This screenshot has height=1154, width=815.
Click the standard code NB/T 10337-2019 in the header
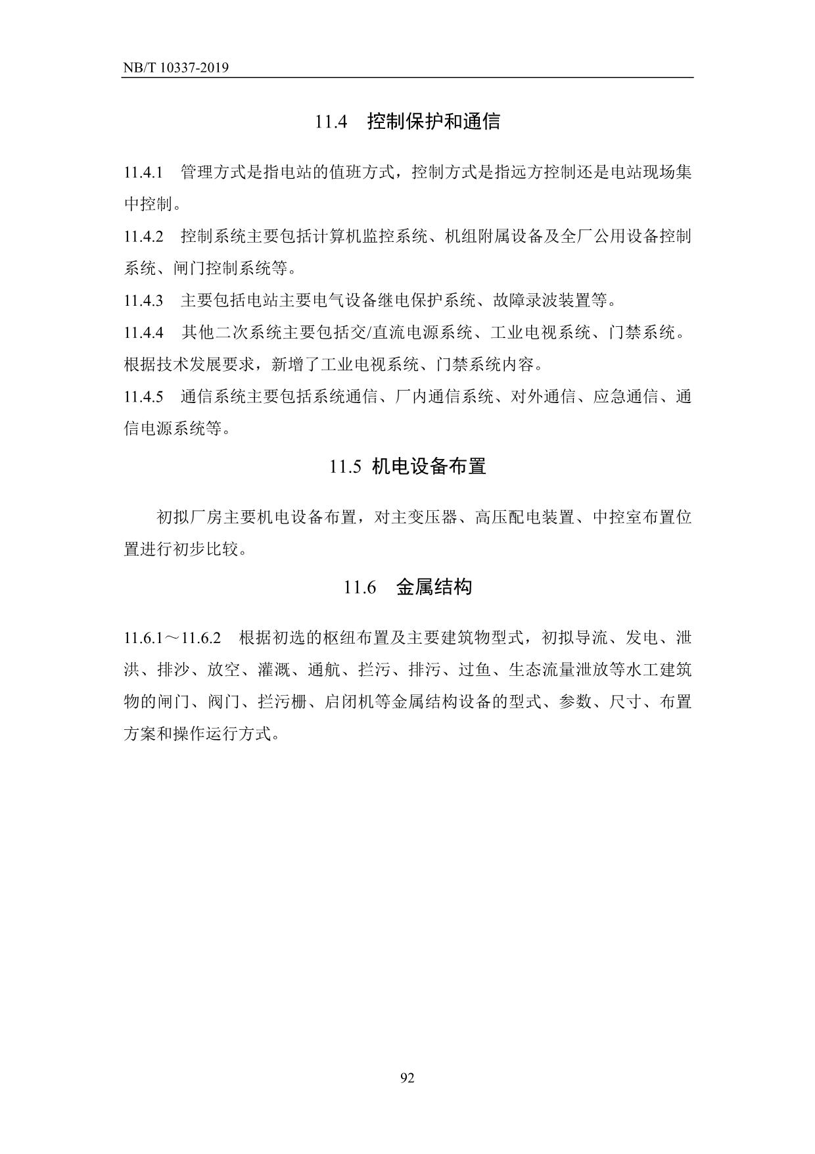pos(175,68)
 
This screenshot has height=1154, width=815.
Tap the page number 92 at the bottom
pos(407,1078)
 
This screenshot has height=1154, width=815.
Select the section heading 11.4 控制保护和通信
pos(407,122)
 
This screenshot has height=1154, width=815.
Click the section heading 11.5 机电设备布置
pos(407,466)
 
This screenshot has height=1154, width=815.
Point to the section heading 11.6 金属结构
pos(407,587)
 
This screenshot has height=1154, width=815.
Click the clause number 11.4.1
pos(143,173)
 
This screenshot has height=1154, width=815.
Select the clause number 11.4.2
pos(143,237)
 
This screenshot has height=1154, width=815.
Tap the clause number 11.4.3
pos(143,301)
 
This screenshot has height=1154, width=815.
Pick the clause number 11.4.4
pos(143,333)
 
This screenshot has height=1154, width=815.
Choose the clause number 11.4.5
pos(143,397)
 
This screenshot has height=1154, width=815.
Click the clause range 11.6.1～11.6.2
pos(172,638)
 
